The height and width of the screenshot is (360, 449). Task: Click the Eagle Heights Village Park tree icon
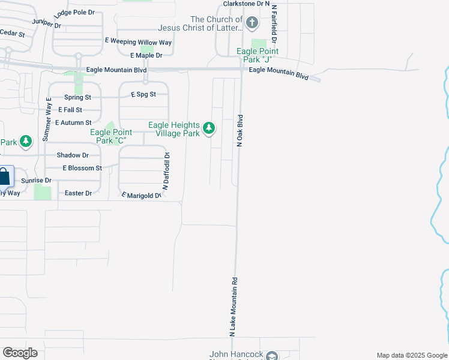(209, 128)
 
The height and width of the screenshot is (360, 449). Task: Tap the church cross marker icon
(252, 24)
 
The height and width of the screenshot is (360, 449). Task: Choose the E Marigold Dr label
(142, 196)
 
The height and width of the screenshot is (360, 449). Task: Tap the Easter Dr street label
(78, 193)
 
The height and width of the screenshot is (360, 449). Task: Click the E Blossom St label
(82, 168)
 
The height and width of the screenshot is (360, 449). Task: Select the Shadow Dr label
(73, 155)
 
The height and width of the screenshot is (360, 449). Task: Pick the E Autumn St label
(73, 122)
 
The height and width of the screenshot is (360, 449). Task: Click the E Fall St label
(70, 110)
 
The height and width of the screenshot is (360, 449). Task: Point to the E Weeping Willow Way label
(138, 42)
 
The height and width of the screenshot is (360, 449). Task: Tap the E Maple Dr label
(142, 55)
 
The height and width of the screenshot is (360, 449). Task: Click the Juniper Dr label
(47, 24)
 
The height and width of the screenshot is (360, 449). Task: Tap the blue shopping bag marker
(4, 177)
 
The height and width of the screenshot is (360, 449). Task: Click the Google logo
(20, 353)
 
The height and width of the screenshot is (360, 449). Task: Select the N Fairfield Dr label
(274, 24)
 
